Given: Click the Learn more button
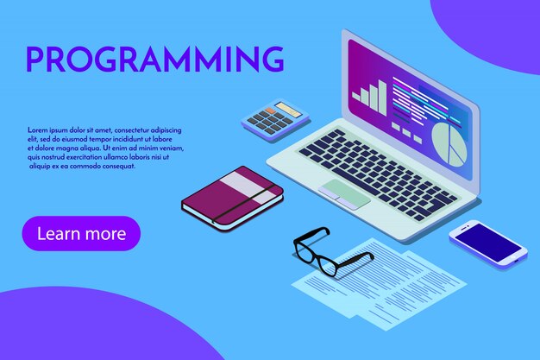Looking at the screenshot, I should pyautogui.click(x=81, y=233).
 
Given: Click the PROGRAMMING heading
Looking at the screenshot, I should pyautogui.click(x=155, y=59).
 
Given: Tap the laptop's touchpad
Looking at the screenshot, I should pyautogui.click(x=344, y=193).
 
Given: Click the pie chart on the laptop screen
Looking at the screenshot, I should pyautogui.click(x=448, y=143).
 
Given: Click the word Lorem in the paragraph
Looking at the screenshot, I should pyautogui.click(x=38, y=129).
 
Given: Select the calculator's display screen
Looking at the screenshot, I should pyautogui.click(x=288, y=111).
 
